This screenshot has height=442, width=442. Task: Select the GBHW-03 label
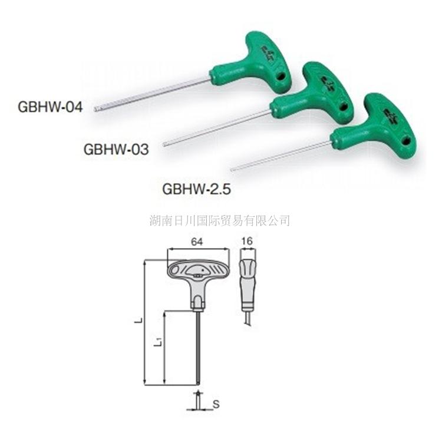pos(116,149)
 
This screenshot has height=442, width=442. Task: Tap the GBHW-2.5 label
pos(195,190)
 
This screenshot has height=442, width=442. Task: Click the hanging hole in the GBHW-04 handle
pos(281,77)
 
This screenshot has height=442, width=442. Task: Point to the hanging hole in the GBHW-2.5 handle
pos(406,141)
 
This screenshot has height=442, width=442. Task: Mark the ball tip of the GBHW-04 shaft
pos(97,109)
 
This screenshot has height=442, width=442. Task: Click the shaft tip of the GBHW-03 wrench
pos(166,143)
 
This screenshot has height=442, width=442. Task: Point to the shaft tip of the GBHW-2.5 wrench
pos(232,170)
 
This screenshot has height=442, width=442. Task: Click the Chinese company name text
pos(220,221)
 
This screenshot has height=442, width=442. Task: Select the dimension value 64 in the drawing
pos(197,242)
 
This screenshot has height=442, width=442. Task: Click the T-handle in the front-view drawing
pos(197,273)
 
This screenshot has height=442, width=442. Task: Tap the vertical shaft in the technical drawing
pos(199,348)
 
